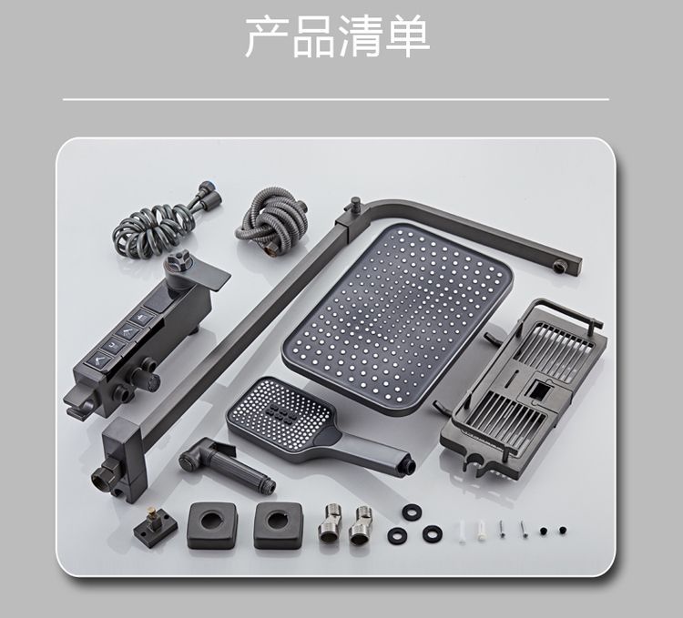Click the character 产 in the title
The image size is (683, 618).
point(267,37)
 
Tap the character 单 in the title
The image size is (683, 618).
point(408,37)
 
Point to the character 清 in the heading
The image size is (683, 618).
point(361,37)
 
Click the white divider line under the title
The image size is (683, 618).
point(336,99)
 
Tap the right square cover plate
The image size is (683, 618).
point(278,525)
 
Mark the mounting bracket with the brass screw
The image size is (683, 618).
point(155,527)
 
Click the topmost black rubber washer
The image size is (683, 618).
point(412,512)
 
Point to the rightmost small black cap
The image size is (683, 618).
point(563,530)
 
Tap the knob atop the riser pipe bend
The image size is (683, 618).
point(356,203)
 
